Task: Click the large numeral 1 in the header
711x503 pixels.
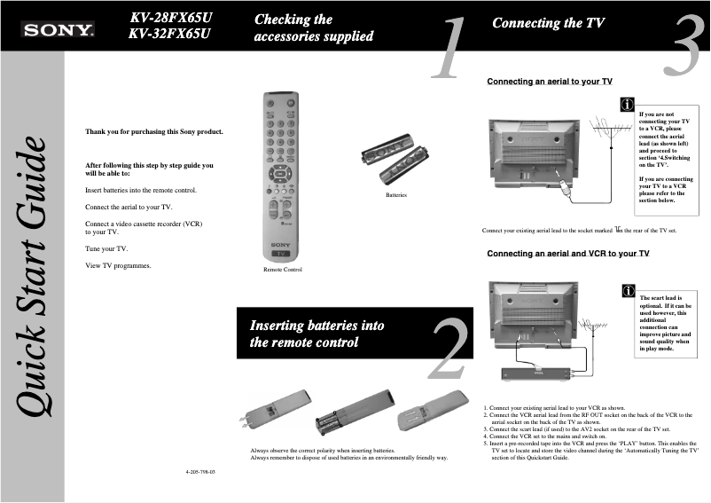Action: (453, 48)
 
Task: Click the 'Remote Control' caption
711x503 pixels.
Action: (282, 269)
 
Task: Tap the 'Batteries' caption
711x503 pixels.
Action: (395, 193)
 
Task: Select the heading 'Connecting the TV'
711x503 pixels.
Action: (548, 23)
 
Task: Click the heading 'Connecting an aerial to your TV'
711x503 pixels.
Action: (550, 82)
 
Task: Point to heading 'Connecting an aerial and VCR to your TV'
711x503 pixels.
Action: (568, 254)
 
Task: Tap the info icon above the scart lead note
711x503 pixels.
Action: (627, 290)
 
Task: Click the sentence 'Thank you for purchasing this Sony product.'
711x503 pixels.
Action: (153, 132)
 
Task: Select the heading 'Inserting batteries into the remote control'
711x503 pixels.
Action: (317, 334)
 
